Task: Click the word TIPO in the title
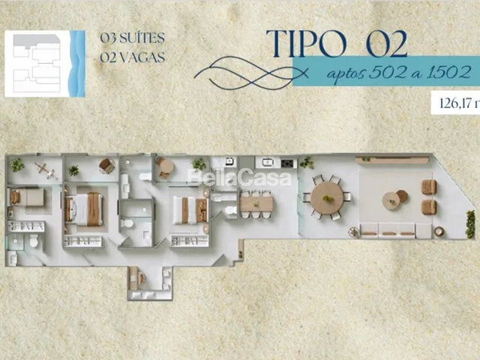(x=307, y=43)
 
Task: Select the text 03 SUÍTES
(x=133, y=38)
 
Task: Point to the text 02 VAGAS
(x=133, y=57)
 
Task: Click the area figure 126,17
(x=455, y=103)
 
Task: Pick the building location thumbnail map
(x=45, y=64)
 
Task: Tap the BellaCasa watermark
(x=238, y=178)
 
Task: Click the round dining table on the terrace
(x=327, y=198)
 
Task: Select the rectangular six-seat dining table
(x=256, y=204)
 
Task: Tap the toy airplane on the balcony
(x=46, y=170)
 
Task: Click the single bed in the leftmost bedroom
(x=27, y=197)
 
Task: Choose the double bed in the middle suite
(x=83, y=208)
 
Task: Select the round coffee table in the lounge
(x=391, y=201)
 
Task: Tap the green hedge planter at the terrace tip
(x=470, y=224)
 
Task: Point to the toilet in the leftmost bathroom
(x=34, y=241)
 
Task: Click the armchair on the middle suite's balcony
(x=106, y=166)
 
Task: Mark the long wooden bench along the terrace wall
(x=391, y=160)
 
